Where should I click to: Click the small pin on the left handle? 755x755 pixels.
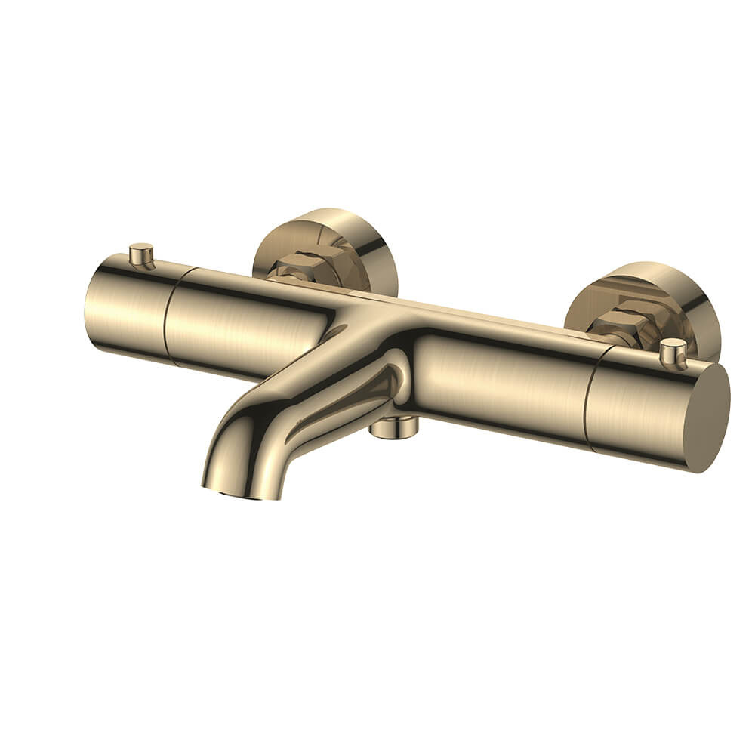tap(140, 254)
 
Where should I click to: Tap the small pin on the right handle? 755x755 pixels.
tap(672, 352)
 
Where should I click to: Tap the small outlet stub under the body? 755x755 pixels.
tap(393, 429)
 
